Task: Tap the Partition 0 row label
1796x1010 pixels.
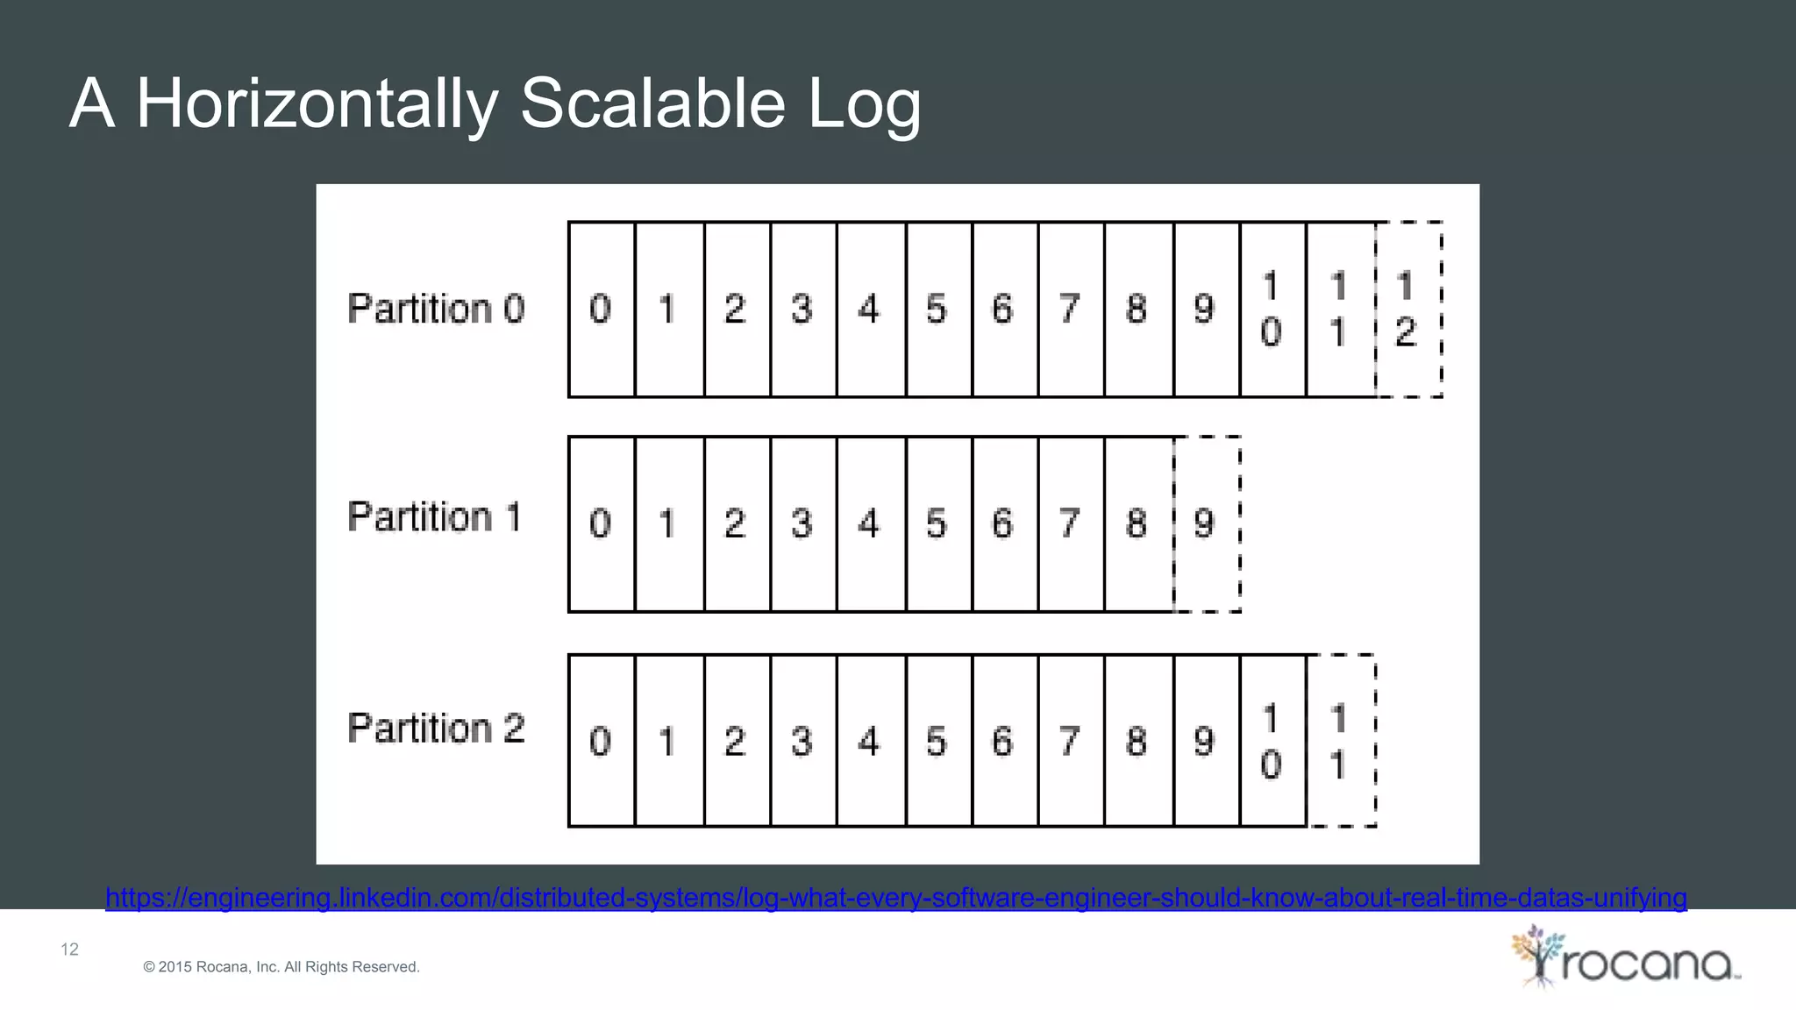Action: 436,309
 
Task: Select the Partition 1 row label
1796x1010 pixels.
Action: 434,516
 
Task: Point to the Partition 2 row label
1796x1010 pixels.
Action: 436,729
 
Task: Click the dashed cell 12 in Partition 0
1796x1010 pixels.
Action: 1408,309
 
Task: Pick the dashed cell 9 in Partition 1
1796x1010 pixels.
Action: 1207,523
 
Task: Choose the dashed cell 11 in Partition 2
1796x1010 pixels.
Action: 1340,741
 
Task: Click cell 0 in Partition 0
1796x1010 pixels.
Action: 602,309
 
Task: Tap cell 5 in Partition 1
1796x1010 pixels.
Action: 938,523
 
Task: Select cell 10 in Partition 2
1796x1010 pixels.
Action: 1272,741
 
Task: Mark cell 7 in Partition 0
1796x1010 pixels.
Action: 1071,309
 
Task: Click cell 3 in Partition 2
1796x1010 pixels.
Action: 803,741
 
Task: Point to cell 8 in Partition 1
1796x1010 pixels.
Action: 1138,523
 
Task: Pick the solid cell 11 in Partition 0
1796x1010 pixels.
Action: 1340,309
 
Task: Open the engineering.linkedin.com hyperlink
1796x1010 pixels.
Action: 895,898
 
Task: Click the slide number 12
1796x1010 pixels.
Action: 69,950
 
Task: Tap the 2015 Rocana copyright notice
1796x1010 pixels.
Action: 282,967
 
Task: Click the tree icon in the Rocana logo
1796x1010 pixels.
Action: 1536,955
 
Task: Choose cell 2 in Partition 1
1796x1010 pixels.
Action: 737,523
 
